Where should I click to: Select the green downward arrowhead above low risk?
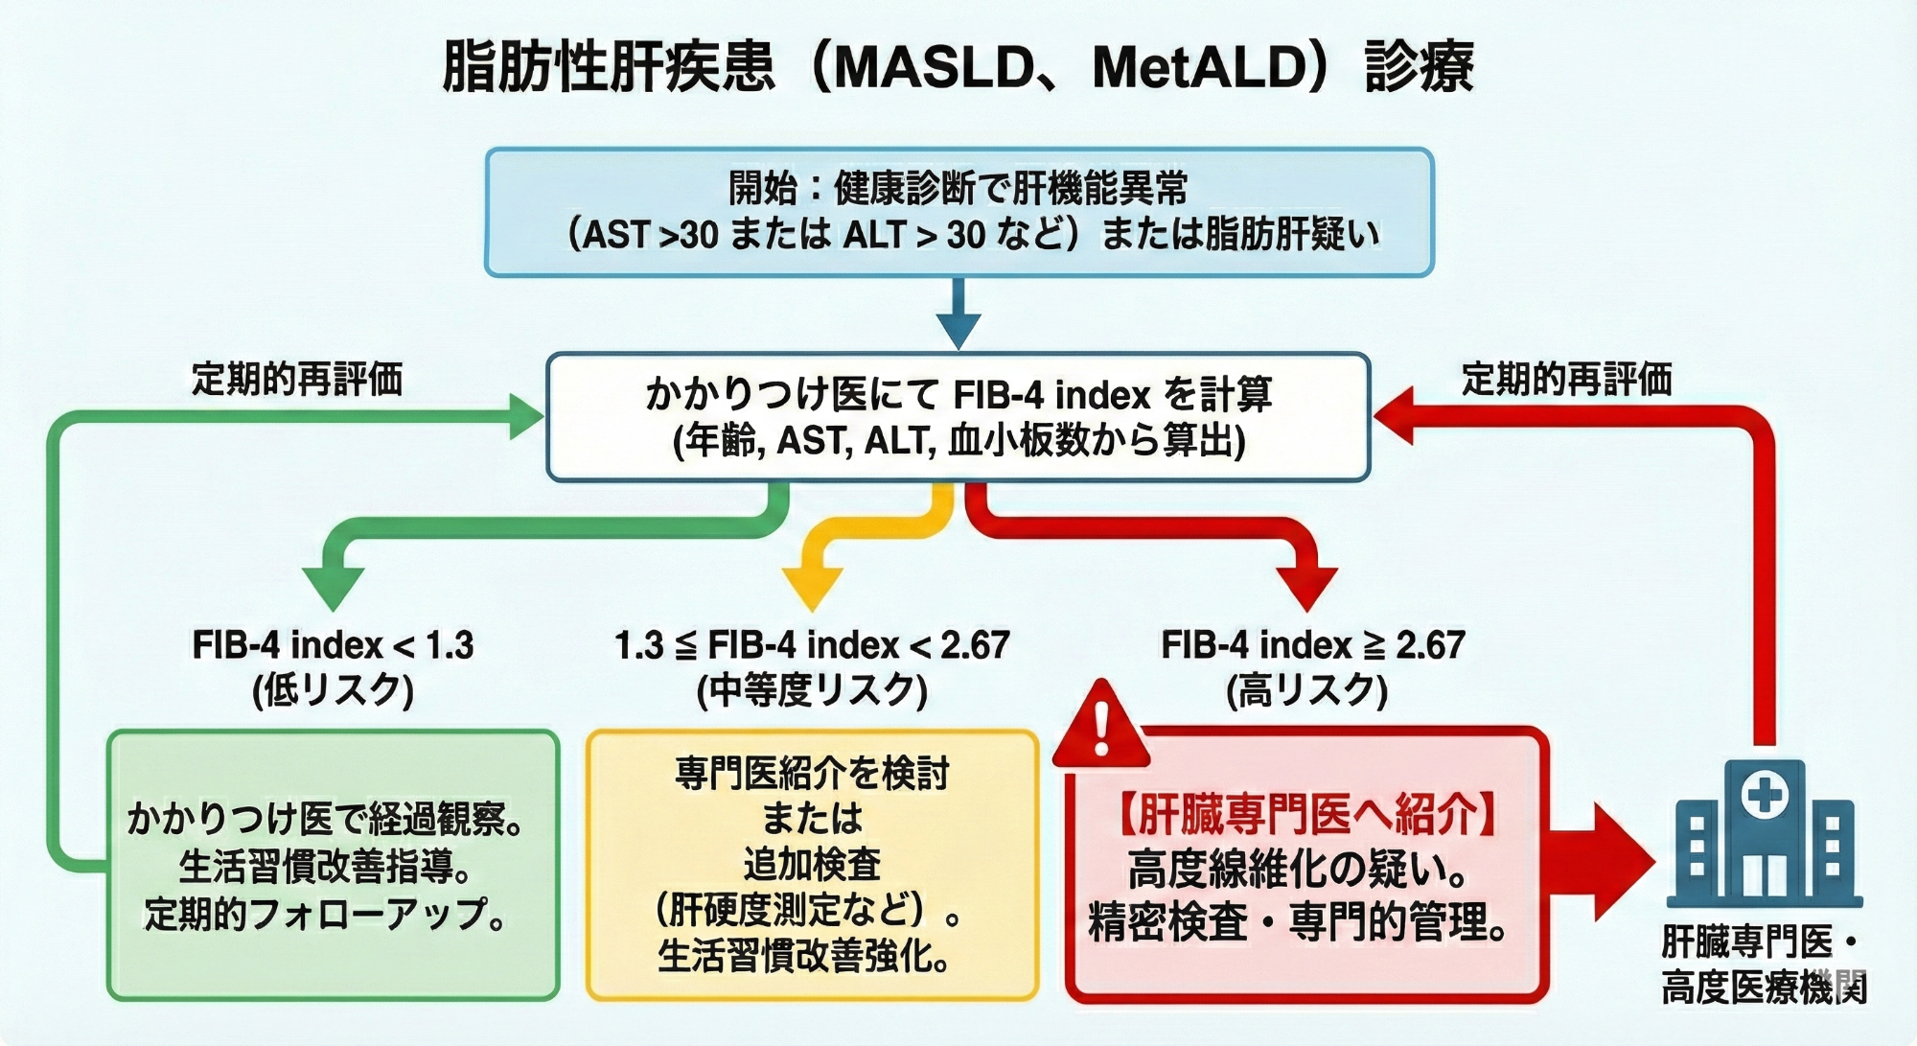[333, 586]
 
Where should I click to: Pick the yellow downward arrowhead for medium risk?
[812, 587]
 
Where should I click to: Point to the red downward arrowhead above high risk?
[1306, 587]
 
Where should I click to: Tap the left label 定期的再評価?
[297, 380]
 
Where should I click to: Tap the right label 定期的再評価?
[1566, 380]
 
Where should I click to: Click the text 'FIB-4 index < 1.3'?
[333, 645]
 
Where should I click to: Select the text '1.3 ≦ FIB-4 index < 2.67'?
[812, 645]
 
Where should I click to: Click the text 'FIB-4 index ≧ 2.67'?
[1312, 645]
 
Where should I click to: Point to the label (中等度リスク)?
[812, 690]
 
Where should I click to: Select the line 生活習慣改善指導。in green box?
[326, 868]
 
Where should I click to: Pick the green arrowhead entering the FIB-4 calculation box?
[524, 417]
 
